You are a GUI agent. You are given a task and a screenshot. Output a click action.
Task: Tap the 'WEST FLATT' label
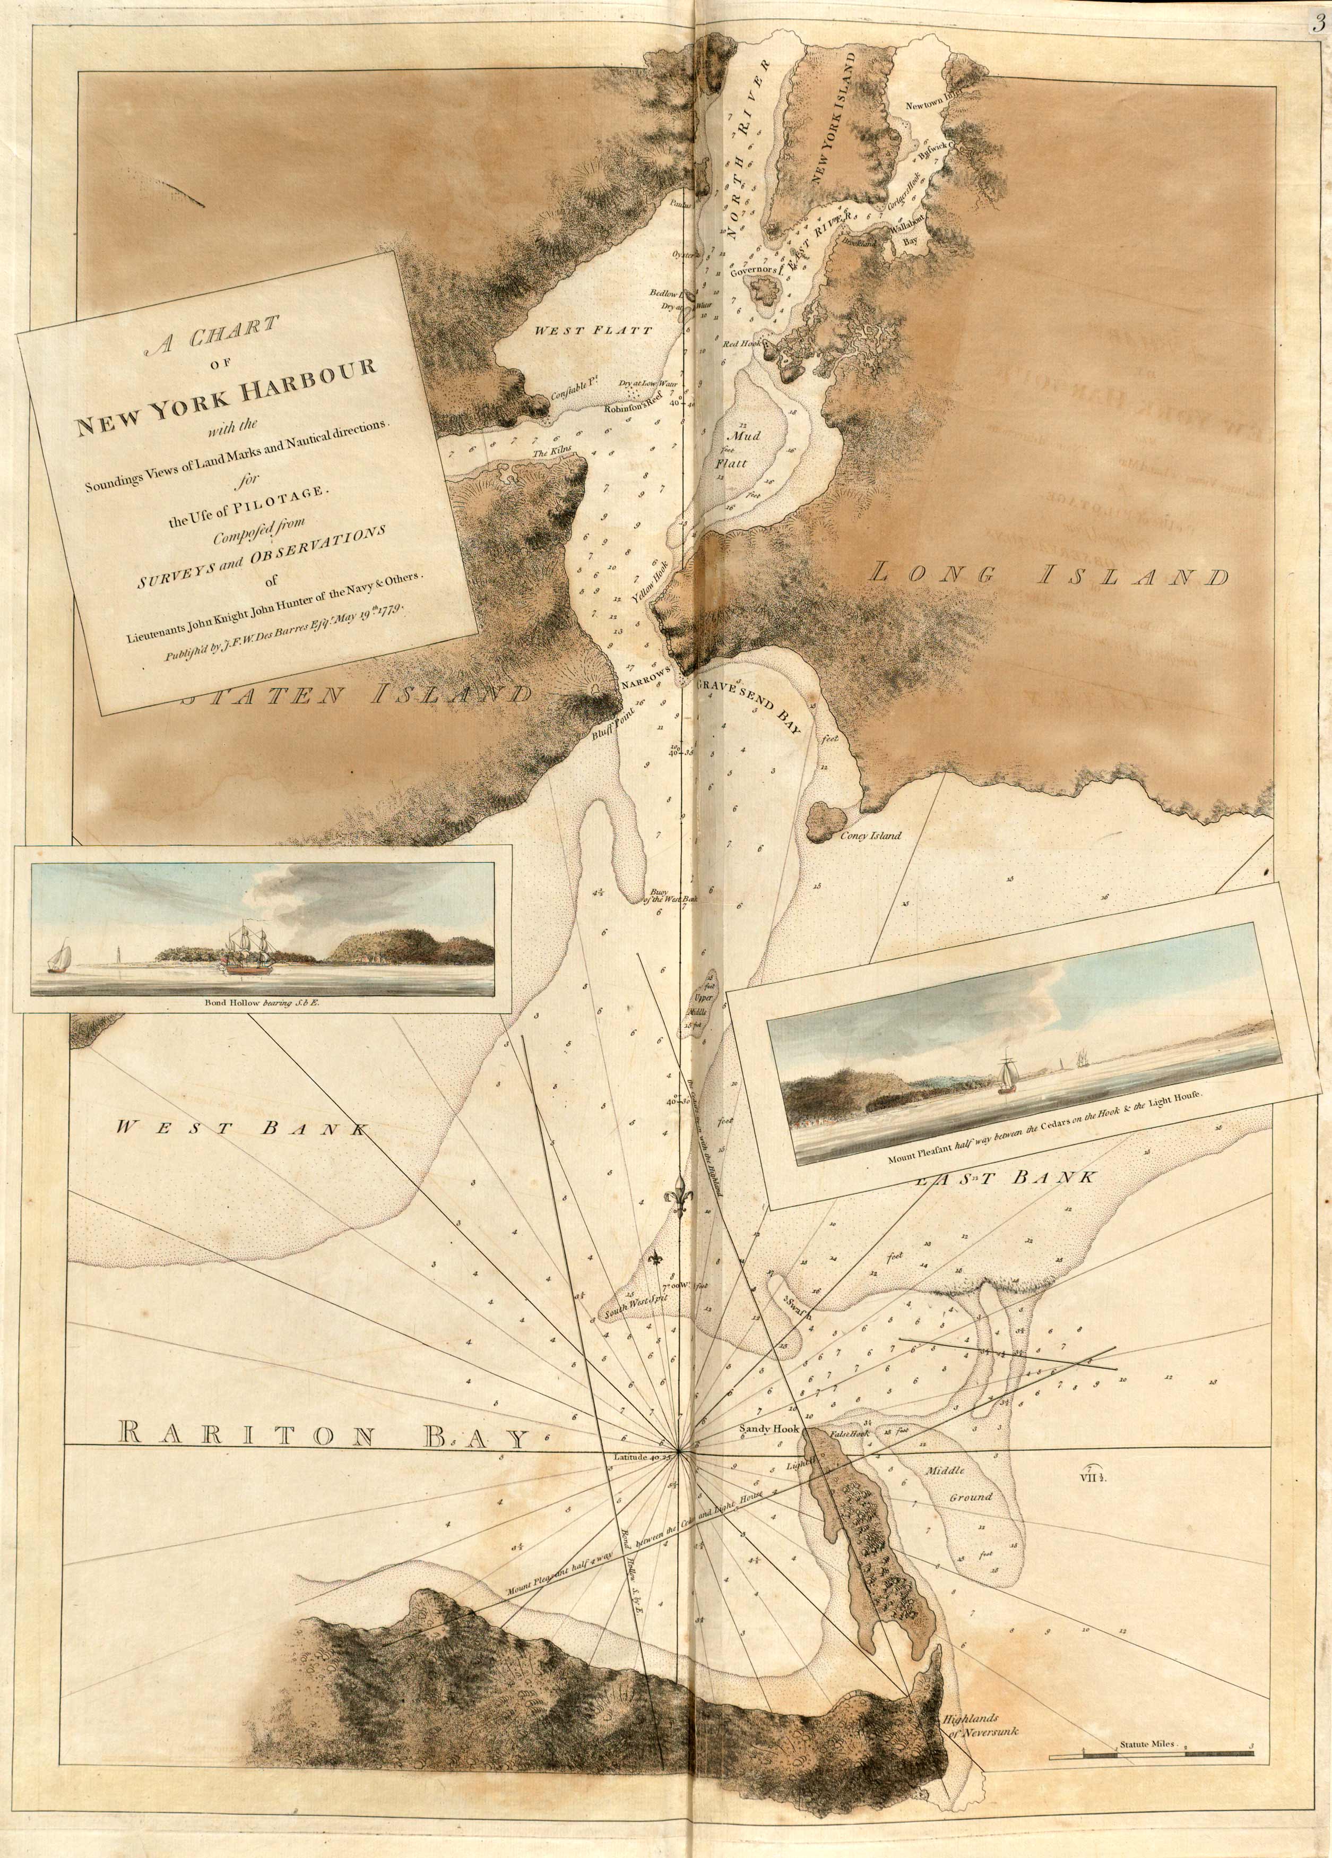(x=593, y=331)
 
